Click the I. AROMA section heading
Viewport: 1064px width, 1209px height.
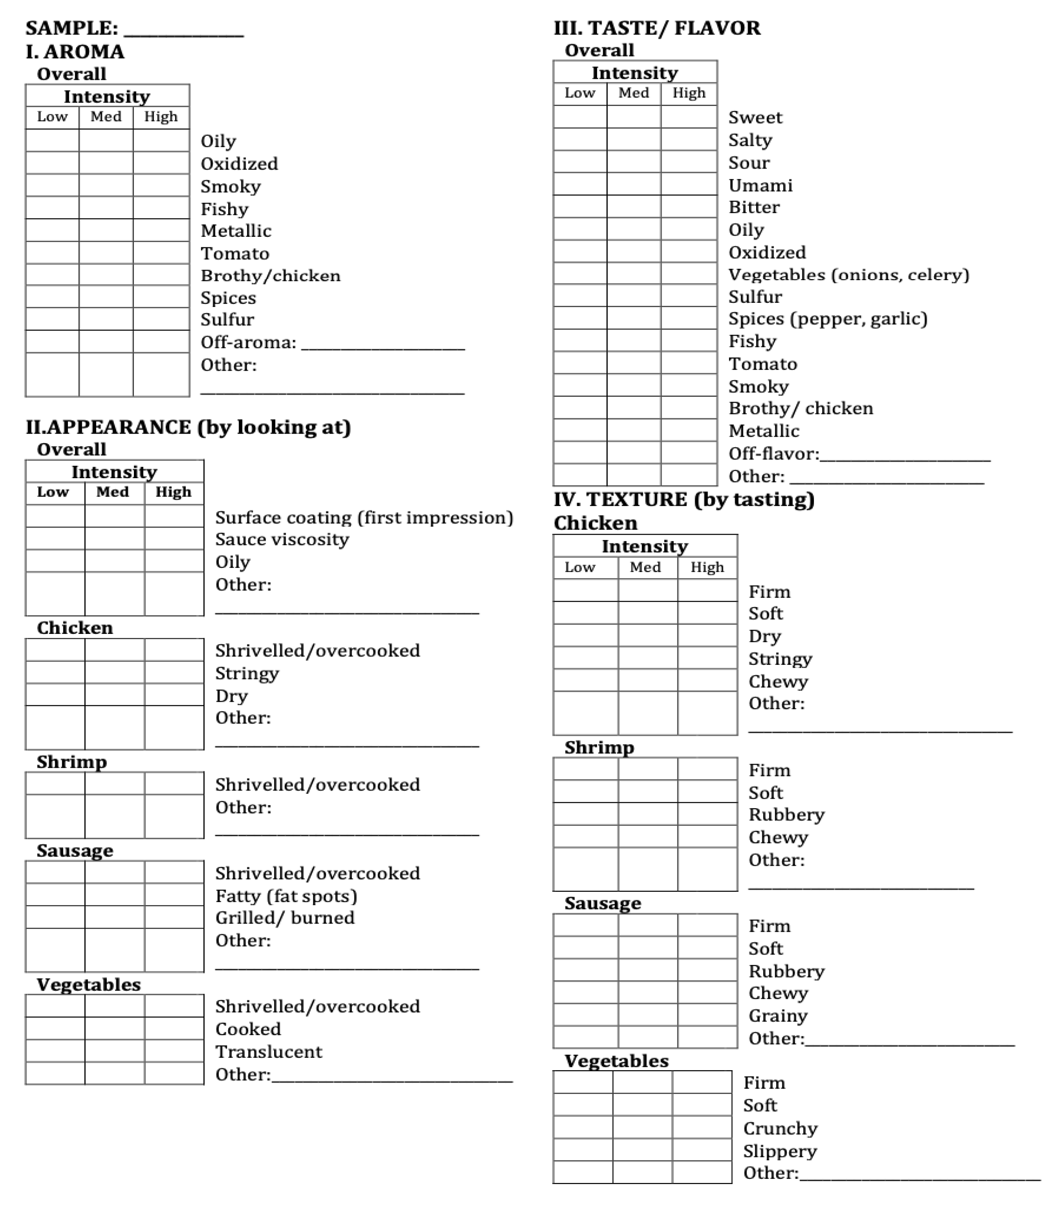(x=75, y=52)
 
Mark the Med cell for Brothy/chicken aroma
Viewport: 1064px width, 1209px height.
(x=106, y=275)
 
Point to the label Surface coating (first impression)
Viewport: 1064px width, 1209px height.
(x=364, y=517)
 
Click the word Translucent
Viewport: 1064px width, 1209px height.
(x=269, y=1051)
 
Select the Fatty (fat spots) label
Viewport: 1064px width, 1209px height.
(x=286, y=896)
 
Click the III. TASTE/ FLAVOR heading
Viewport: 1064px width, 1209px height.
(x=657, y=28)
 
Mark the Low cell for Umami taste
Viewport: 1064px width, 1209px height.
(x=580, y=184)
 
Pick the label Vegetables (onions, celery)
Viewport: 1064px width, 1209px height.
(x=848, y=275)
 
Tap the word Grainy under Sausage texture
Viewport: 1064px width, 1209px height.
(x=778, y=1016)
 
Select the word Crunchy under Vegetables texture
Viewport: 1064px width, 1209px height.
(x=780, y=1128)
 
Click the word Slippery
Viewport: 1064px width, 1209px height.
(x=780, y=1151)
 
